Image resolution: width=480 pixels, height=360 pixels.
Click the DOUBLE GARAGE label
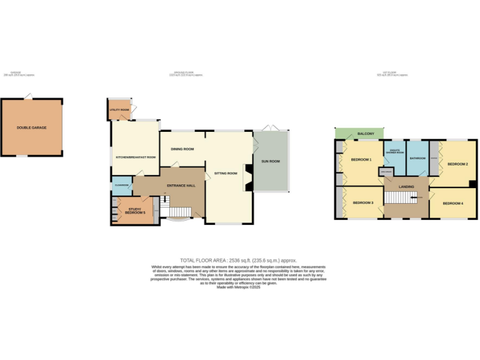(x=31, y=127)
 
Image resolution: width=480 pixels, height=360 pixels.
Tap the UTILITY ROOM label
(x=119, y=109)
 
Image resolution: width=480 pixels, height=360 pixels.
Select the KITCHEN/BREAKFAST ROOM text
(x=135, y=157)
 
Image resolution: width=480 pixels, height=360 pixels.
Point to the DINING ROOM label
(x=182, y=149)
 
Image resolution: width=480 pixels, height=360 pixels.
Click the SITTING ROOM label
(x=226, y=173)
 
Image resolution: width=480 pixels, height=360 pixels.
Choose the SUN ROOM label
(x=270, y=161)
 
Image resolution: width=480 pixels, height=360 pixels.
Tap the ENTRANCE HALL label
(x=181, y=186)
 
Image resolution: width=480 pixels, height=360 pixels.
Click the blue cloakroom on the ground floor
(x=121, y=185)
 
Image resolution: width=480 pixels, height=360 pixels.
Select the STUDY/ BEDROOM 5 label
(x=135, y=211)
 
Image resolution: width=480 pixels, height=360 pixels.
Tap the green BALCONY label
(x=366, y=134)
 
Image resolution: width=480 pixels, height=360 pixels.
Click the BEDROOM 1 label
(x=361, y=159)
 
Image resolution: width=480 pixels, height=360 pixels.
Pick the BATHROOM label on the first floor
(x=417, y=158)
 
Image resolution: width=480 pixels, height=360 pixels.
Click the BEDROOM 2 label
(x=457, y=164)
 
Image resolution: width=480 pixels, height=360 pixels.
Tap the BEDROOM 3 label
(x=363, y=203)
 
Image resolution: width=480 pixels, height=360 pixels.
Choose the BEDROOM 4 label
(x=453, y=203)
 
